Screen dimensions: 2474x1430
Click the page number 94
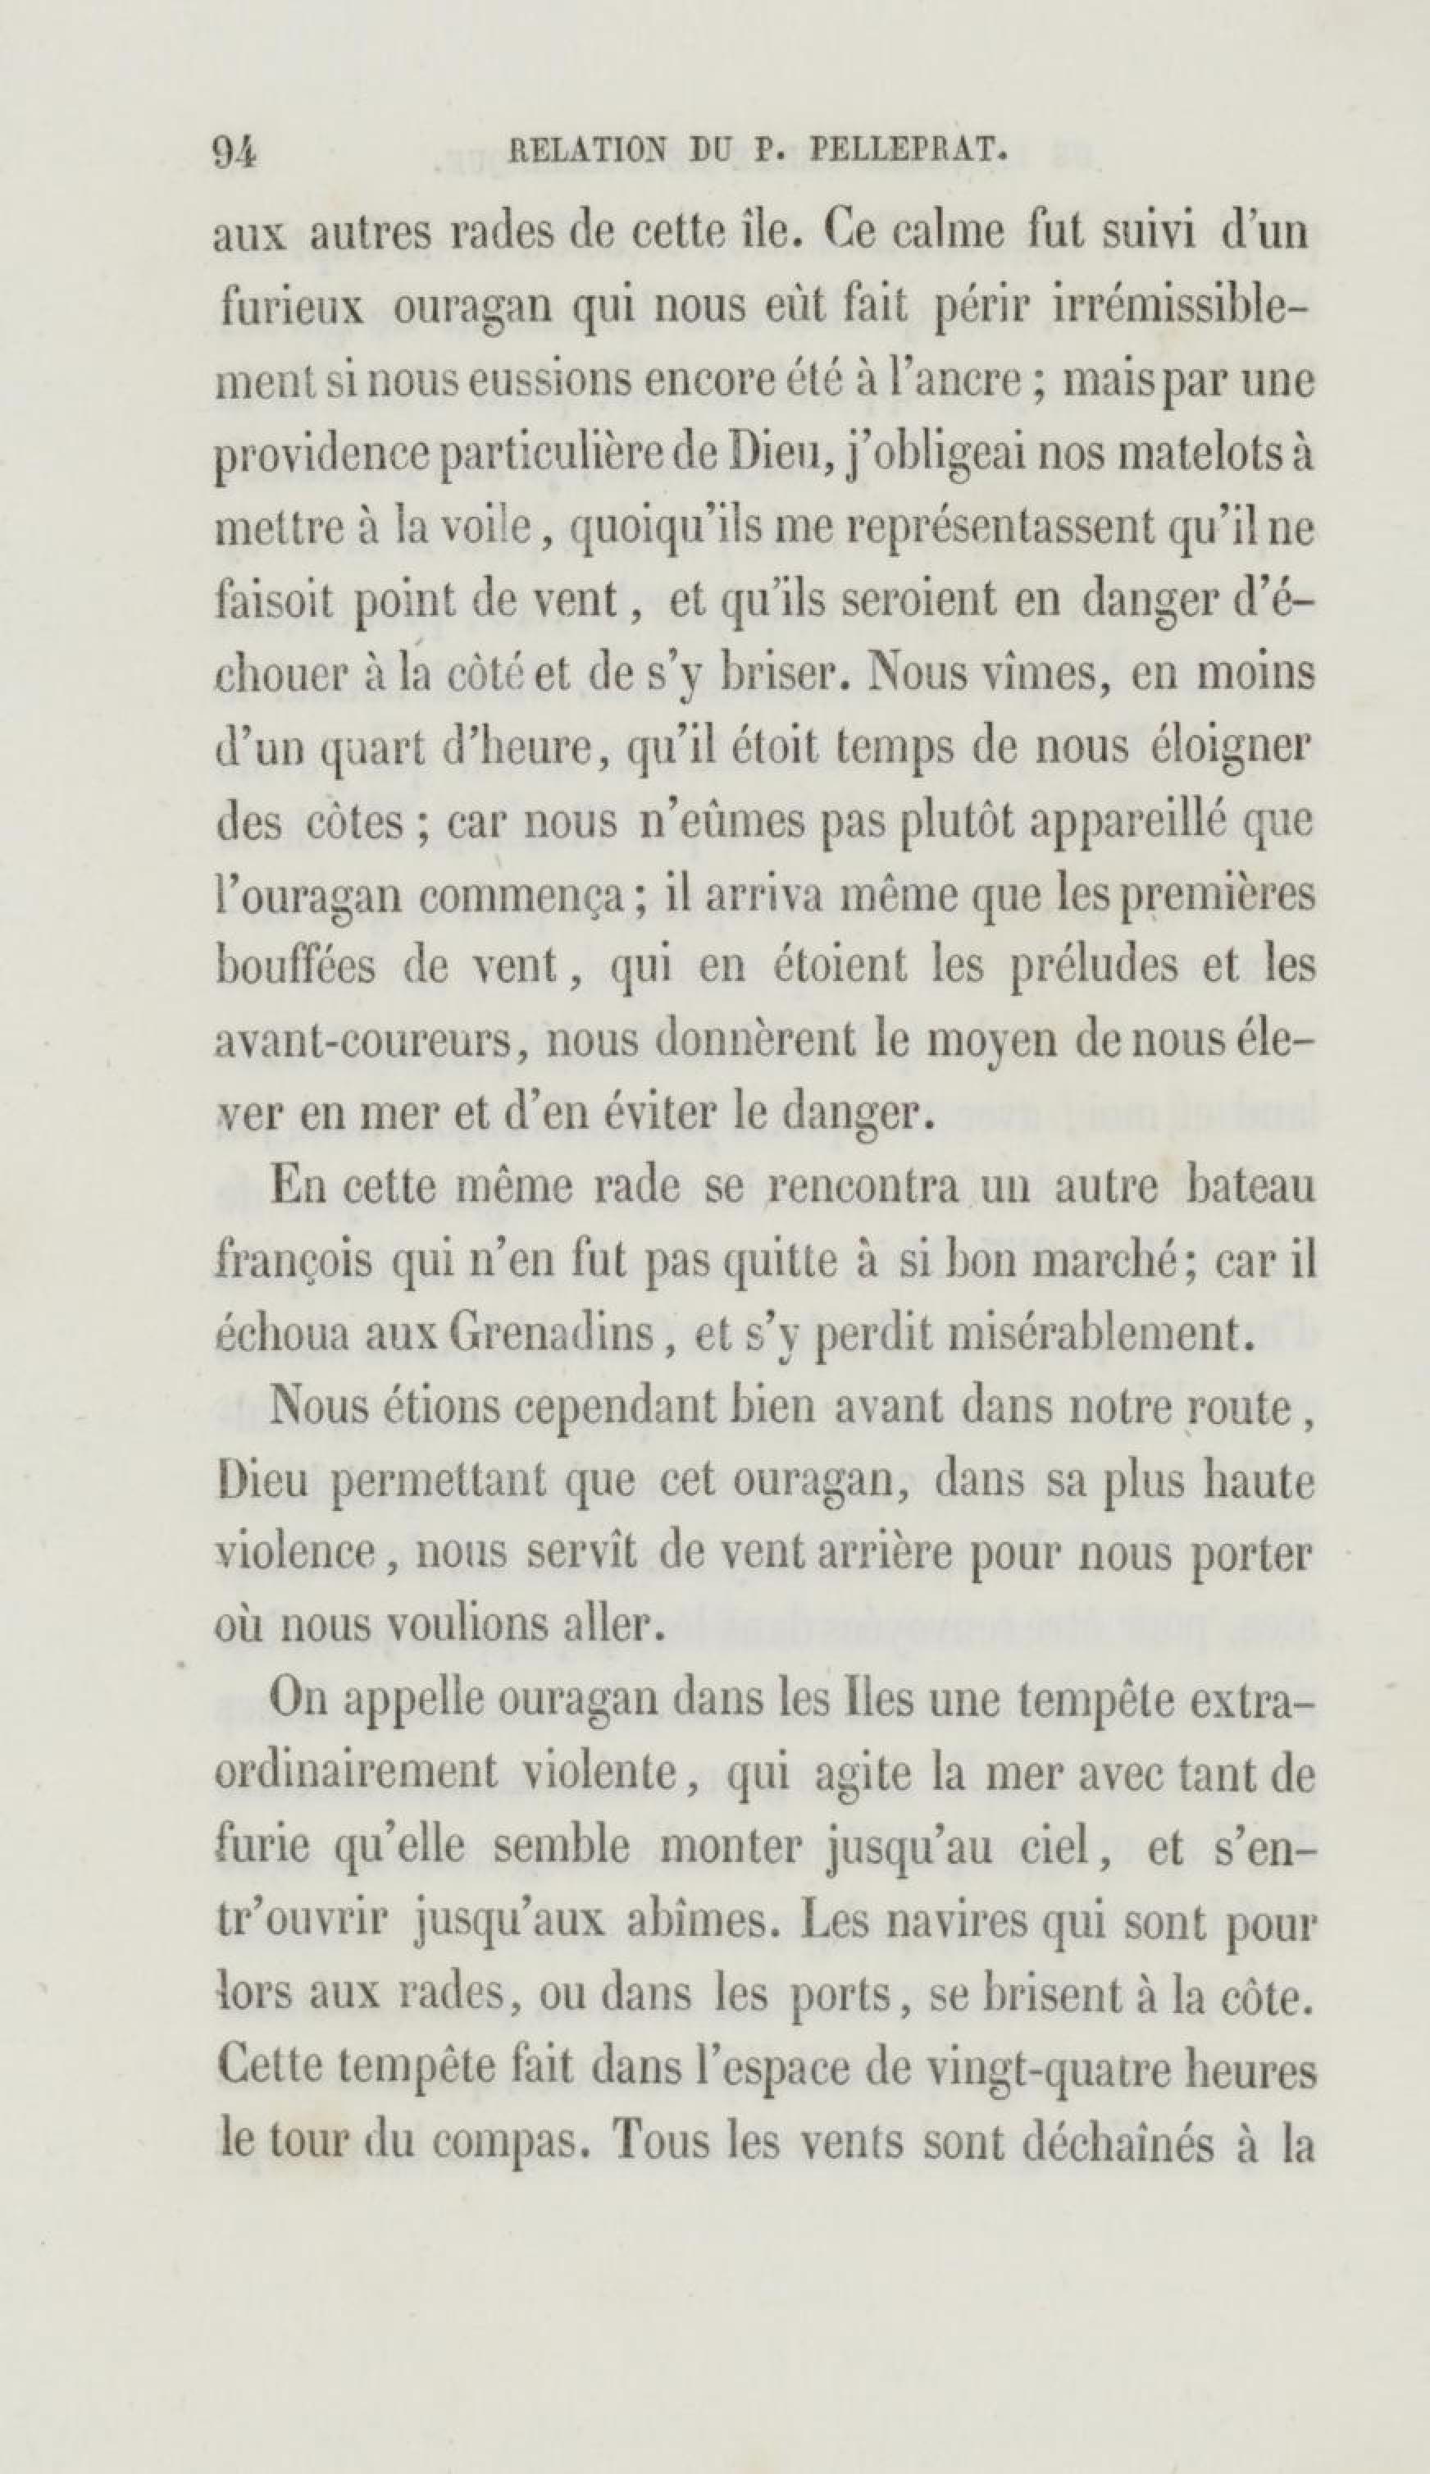point(235,153)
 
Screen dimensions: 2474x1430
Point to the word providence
point(324,459)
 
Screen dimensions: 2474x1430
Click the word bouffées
point(294,967)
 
